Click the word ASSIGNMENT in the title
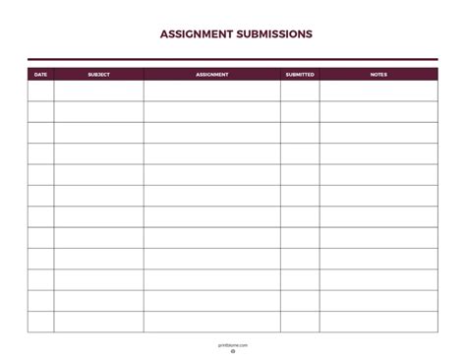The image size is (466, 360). click(x=196, y=33)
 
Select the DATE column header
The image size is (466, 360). click(x=40, y=74)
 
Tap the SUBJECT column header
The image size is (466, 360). click(x=98, y=74)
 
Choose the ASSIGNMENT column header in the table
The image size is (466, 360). click(x=211, y=74)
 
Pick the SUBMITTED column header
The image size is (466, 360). click(x=300, y=74)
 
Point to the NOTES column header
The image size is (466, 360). click(x=379, y=74)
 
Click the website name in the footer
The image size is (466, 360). click(x=233, y=345)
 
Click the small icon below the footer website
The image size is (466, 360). click(x=233, y=352)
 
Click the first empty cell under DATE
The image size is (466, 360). click(x=40, y=90)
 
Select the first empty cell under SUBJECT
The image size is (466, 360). click(x=98, y=90)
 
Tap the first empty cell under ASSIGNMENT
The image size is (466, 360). click(x=211, y=90)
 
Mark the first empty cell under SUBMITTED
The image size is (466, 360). click(x=300, y=90)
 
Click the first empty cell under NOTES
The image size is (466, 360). click(x=379, y=90)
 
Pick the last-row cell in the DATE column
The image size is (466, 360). click(x=40, y=322)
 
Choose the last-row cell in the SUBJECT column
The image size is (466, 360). click(x=98, y=322)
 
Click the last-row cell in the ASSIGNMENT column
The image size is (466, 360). click(x=211, y=322)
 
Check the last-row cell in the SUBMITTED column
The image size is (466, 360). click(x=300, y=322)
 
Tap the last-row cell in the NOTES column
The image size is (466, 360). click(x=379, y=322)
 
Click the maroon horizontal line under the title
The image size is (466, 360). click(x=233, y=59)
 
